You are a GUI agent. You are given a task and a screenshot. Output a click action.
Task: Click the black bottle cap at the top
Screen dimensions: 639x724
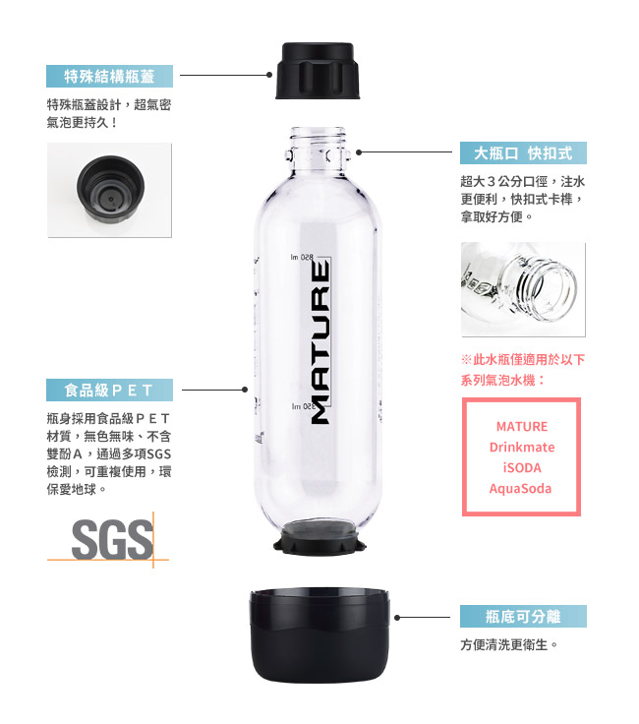coord(318,71)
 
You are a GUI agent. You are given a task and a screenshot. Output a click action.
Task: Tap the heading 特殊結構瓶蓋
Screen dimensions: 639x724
coord(109,76)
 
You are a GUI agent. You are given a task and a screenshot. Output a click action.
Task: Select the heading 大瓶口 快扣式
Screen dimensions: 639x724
coord(523,152)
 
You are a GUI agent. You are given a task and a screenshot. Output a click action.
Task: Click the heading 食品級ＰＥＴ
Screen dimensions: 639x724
coord(109,391)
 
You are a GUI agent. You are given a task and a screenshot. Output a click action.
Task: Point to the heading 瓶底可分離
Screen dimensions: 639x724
coord(523,617)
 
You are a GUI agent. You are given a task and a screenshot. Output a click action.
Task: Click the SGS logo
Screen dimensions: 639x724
coord(113,539)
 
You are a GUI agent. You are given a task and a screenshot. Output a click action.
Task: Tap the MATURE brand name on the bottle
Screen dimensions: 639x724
coord(320,341)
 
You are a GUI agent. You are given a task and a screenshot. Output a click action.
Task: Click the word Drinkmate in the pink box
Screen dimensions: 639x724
coord(522,447)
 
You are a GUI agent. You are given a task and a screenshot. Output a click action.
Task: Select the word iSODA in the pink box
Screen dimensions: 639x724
coord(522,467)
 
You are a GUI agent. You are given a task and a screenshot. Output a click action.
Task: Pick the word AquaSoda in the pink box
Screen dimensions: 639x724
coord(520,489)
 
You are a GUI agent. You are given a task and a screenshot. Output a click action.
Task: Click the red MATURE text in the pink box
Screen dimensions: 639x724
coord(522,426)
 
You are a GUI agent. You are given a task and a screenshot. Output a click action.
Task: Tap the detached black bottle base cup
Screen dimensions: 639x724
coord(319,635)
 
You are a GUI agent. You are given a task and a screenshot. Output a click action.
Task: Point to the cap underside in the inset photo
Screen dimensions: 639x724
coord(110,187)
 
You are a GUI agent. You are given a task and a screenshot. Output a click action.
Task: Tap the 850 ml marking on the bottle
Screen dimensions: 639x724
coord(302,257)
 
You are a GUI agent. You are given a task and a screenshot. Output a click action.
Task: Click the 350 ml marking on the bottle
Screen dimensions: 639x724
coord(303,406)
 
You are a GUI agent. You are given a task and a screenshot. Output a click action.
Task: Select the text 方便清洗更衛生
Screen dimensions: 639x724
coord(509,644)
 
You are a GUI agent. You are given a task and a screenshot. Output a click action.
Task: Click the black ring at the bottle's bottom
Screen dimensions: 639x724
coord(319,538)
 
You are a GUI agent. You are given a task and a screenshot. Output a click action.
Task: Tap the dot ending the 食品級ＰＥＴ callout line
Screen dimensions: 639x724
coord(245,390)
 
